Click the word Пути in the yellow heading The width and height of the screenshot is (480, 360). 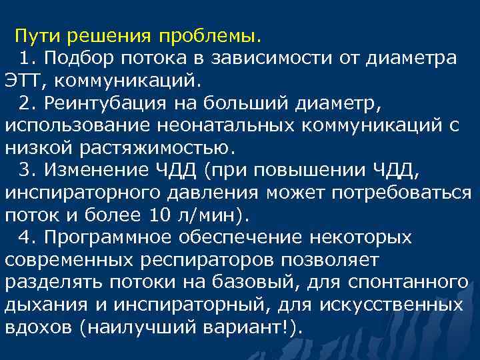[37, 35]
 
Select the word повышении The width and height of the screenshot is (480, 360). [300, 171]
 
